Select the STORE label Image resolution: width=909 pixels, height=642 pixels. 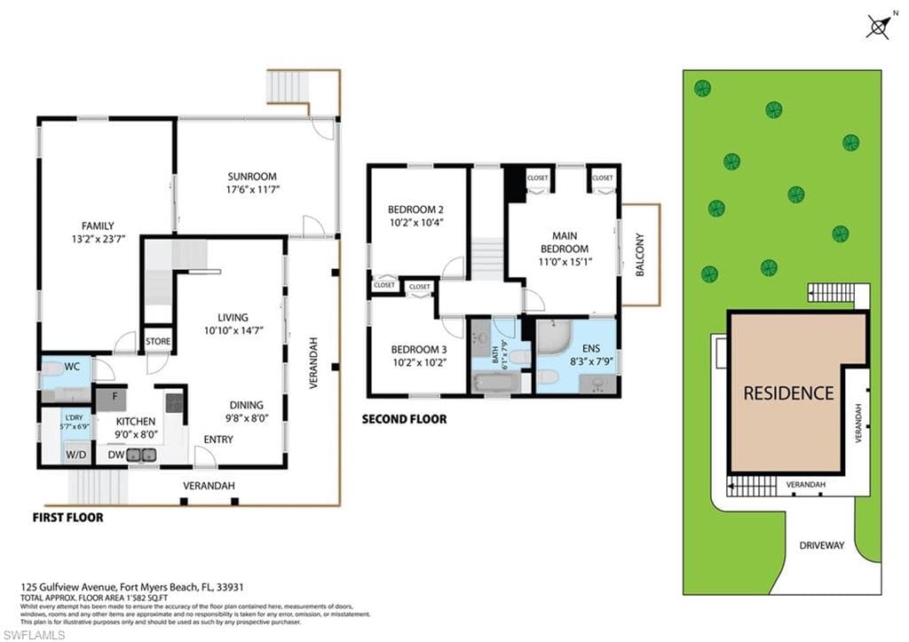pyautogui.click(x=158, y=341)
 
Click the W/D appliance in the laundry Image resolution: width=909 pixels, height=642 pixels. pyautogui.click(x=76, y=455)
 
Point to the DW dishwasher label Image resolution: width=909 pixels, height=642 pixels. pyautogui.click(x=115, y=455)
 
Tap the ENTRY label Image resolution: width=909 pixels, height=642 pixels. pyautogui.click(x=218, y=440)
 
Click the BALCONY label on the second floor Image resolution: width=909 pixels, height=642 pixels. pyautogui.click(x=640, y=255)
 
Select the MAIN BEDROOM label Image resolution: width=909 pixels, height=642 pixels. pyautogui.click(x=565, y=242)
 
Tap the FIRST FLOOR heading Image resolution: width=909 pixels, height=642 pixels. pyautogui.click(x=67, y=517)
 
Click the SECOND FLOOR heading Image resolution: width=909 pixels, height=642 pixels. pyautogui.click(x=404, y=418)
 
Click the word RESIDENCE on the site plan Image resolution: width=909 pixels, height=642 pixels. pyautogui.click(x=788, y=392)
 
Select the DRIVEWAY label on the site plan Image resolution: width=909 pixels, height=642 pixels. pyautogui.click(x=821, y=544)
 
